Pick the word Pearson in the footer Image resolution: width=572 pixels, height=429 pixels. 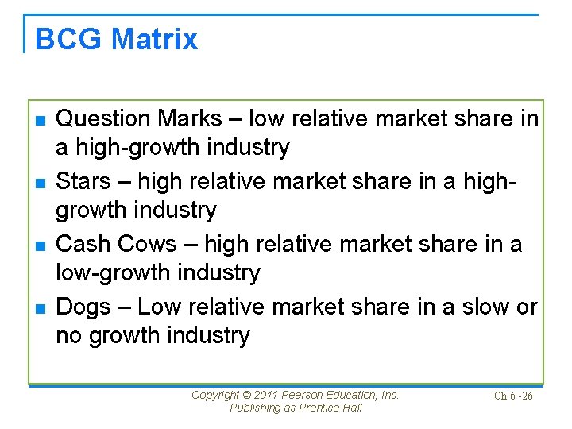tap(312, 395)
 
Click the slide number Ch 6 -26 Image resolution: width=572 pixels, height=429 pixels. tap(513, 396)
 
